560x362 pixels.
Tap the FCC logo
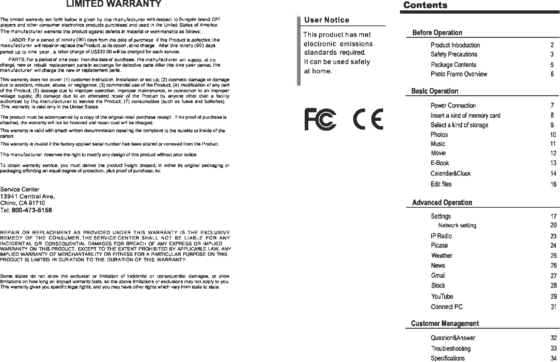[x=321, y=120]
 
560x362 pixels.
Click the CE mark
[x=368, y=119]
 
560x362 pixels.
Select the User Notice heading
[x=327, y=20]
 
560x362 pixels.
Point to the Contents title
[x=425, y=5]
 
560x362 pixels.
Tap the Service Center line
[x=20, y=189]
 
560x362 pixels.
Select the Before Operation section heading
[x=437, y=33]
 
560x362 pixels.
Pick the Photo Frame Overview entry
[x=459, y=74]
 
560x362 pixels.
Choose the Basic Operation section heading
[x=435, y=91]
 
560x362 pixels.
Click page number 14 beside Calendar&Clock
[x=553, y=174]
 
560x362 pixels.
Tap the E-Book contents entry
[x=440, y=163]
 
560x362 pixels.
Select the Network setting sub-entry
[x=457, y=226]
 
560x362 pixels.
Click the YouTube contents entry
[x=442, y=296]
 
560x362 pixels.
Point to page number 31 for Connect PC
[x=553, y=307]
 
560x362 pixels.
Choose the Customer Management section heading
[x=445, y=324]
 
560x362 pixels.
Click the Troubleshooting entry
[x=450, y=348]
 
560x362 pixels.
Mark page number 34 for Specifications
[x=553, y=358]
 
